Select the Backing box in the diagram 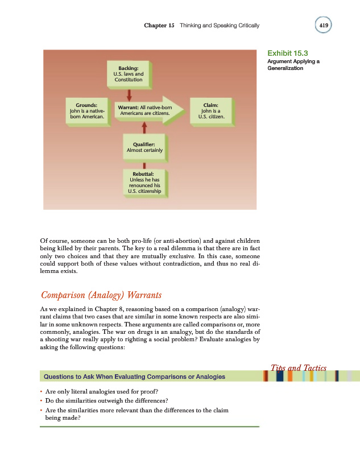click(x=129, y=74)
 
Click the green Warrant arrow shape click(x=150, y=111)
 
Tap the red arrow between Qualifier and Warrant click(x=145, y=129)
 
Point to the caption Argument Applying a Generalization click(x=292, y=64)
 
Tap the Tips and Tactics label click(x=297, y=368)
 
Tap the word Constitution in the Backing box click(x=129, y=80)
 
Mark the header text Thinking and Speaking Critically click(x=219, y=26)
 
